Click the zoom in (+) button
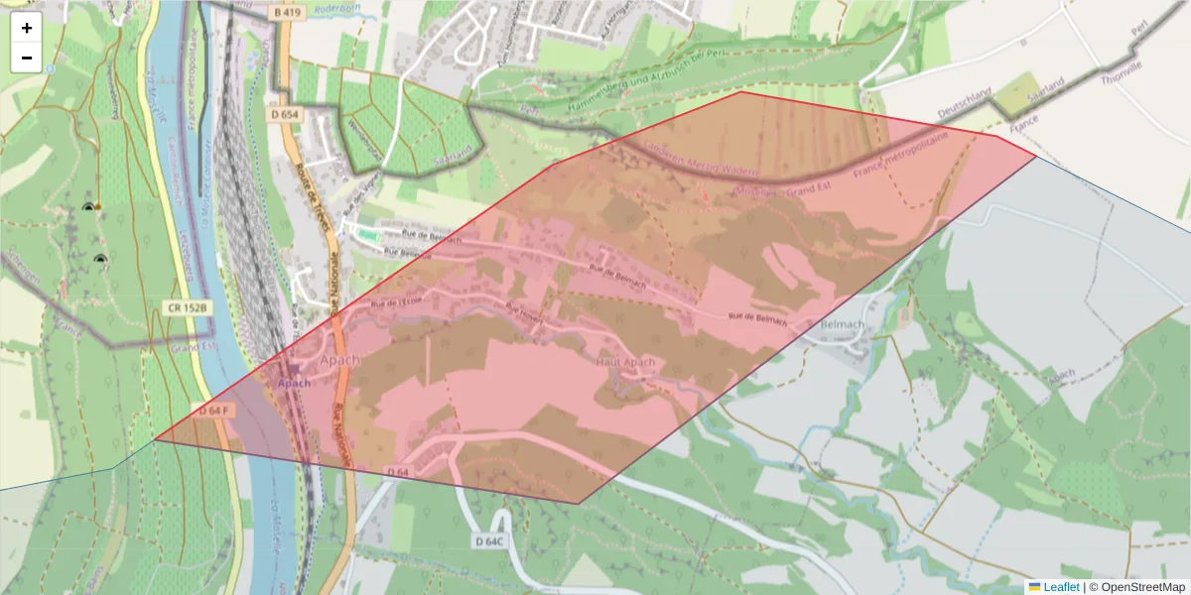tap(27, 28)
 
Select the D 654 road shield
tap(284, 115)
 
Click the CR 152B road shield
tap(188, 307)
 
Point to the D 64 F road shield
tap(213, 410)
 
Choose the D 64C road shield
tap(490, 541)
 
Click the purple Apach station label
tap(294, 383)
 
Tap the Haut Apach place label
tap(625, 363)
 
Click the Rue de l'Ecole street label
tap(395, 301)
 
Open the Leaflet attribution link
tap(1061, 587)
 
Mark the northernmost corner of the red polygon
tap(739, 92)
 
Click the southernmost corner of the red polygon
tap(578, 504)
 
